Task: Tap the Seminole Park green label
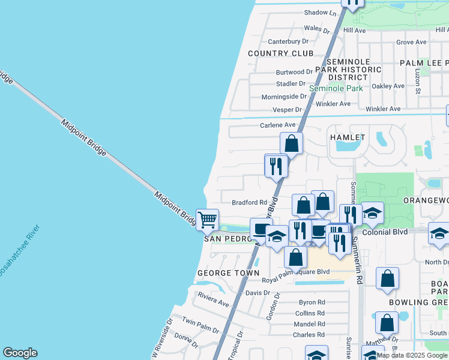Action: pos(336,88)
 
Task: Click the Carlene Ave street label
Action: pos(278,125)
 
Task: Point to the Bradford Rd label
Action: pos(249,202)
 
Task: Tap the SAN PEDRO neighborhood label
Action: pos(226,239)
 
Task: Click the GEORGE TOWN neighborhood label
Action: pos(228,272)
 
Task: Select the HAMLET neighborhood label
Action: pos(348,137)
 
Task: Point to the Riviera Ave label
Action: pos(214,304)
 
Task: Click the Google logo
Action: pos(20,353)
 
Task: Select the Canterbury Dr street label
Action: pos(288,41)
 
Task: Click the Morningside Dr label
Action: pos(284,97)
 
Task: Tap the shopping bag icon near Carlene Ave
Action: pos(292,144)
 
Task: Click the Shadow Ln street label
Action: pos(321,12)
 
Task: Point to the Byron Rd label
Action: pos(312,302)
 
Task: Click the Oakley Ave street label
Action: pos(388,86)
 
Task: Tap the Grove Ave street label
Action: pos(411,42)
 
